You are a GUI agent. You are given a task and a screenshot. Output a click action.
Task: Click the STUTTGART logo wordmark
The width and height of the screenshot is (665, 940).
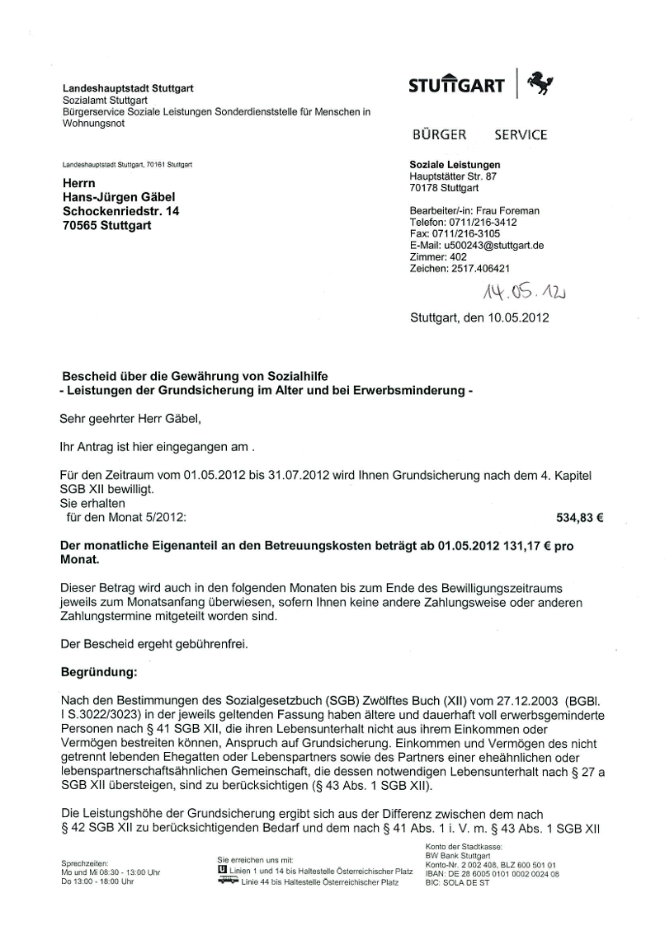456,84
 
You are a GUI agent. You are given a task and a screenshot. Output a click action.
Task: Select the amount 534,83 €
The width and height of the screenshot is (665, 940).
581,519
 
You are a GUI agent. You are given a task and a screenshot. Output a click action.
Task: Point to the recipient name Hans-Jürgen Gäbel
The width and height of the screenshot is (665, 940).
119,197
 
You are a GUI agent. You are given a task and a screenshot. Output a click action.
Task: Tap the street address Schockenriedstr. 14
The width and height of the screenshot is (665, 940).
120,211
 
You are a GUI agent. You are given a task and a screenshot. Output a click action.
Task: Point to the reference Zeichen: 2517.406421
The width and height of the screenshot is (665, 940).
460,269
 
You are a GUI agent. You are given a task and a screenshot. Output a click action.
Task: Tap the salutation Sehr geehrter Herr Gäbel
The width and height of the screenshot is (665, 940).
130,418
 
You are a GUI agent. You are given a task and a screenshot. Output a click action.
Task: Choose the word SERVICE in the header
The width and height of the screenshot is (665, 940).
520,134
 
